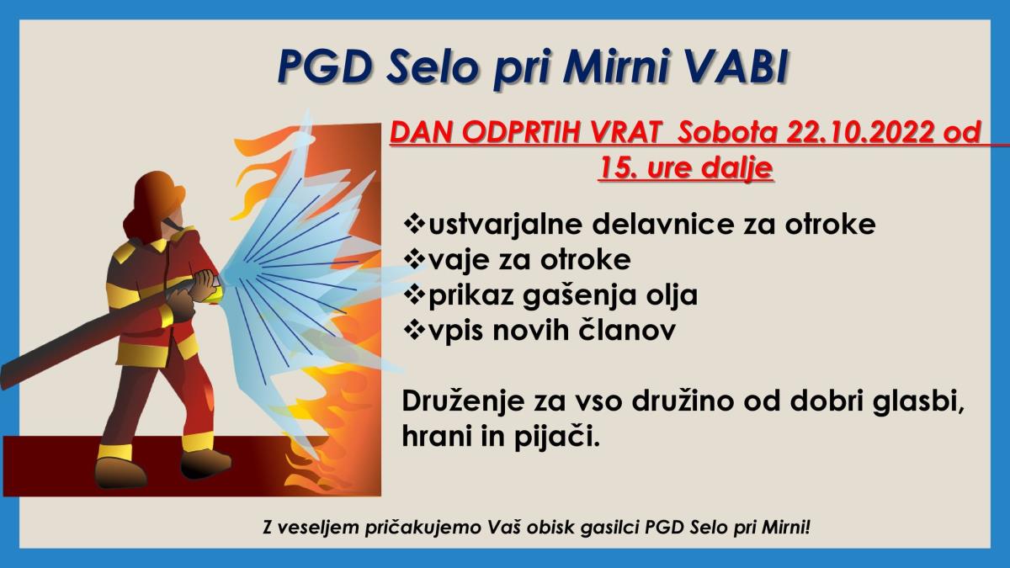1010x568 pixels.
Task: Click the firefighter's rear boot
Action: click(120, 471)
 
